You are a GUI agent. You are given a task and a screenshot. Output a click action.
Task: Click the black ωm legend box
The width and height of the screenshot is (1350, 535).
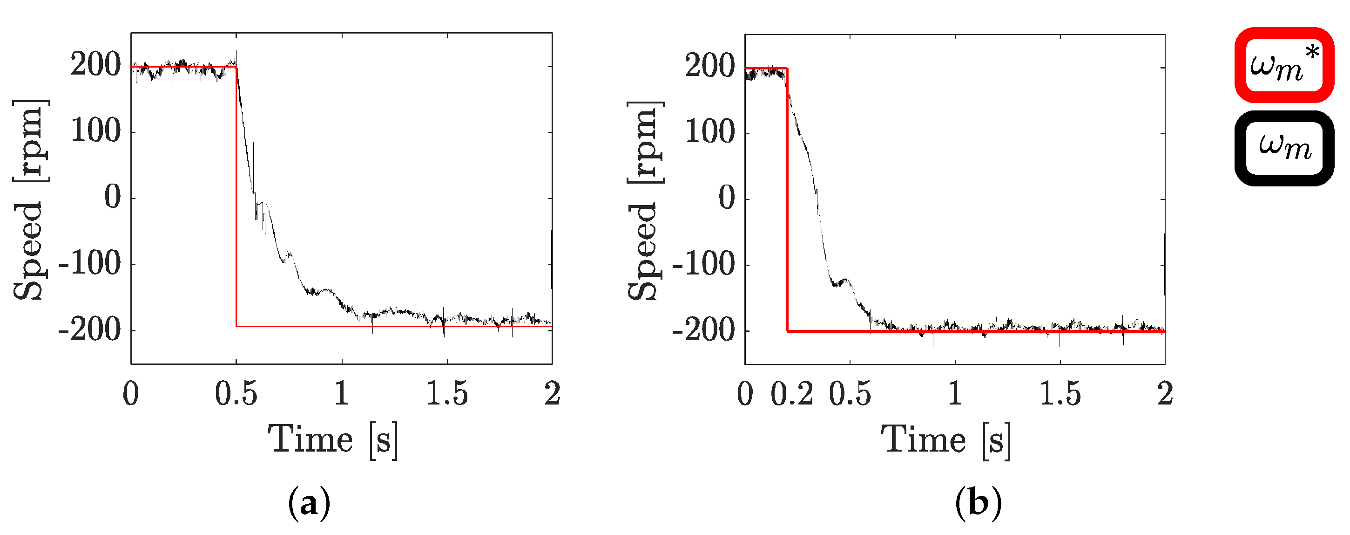point(1284,148)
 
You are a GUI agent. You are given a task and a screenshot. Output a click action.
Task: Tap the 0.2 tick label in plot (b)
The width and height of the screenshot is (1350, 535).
point(791,393)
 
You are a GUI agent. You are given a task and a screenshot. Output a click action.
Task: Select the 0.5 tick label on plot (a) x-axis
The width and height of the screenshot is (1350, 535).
point(236,393)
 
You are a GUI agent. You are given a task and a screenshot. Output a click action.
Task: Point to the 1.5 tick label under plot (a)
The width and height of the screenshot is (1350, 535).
point(446,393)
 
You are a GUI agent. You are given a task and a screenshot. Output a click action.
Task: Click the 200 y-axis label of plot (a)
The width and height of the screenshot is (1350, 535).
point(96,66)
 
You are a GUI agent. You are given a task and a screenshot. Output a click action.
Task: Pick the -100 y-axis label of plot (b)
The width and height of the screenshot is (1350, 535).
point(704,264)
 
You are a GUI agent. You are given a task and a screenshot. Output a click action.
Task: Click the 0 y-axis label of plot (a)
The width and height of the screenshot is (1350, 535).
point(112,198)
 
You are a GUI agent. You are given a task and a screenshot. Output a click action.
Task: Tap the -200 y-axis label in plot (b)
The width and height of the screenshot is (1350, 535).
point(704,330)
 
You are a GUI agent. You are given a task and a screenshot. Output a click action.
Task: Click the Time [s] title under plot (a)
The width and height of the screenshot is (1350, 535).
point(333,439)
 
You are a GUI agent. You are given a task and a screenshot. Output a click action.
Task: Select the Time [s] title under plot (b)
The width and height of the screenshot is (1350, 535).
point(946,439)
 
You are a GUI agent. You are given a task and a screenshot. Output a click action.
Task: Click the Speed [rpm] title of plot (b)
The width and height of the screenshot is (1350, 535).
point(645,199)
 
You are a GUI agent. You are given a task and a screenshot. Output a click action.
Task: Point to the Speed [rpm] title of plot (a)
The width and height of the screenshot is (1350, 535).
point(30,199)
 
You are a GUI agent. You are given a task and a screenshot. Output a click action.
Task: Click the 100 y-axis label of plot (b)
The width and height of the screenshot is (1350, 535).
point(710,132)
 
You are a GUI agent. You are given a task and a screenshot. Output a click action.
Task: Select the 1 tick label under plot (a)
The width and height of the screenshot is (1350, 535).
point(342,393)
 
